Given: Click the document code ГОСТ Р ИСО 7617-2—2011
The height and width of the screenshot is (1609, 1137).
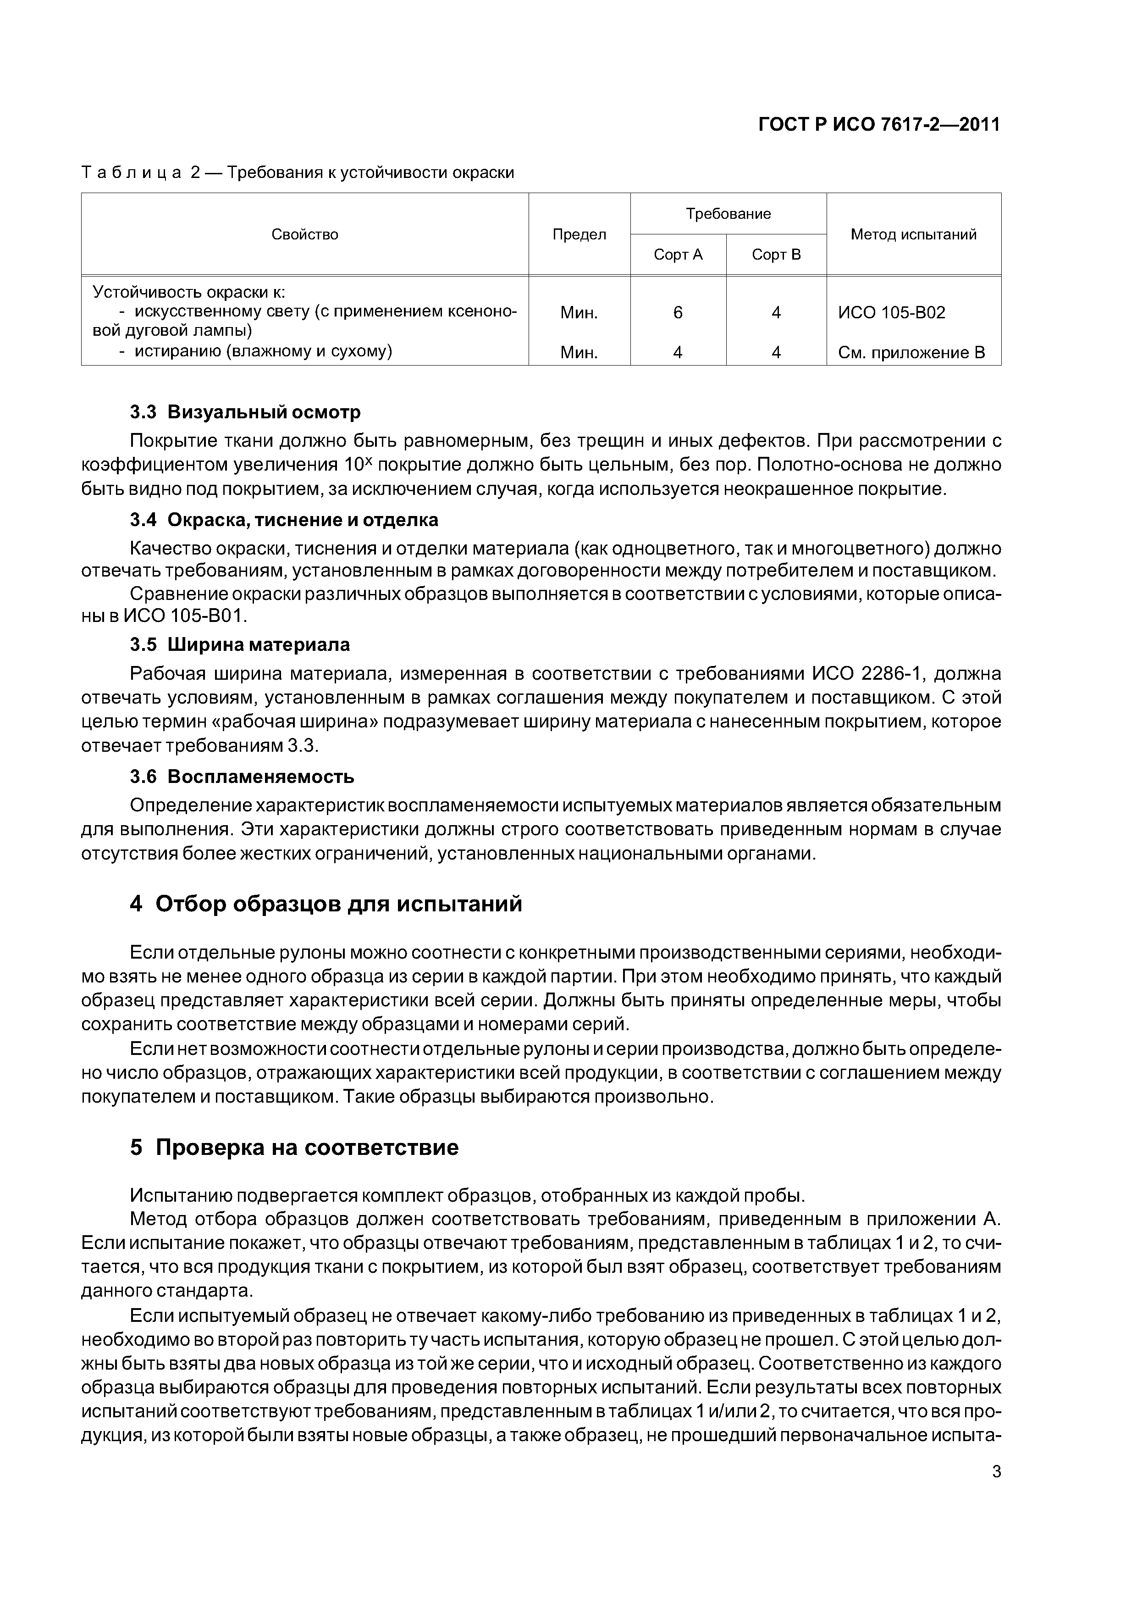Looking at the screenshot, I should [x=879, y=125].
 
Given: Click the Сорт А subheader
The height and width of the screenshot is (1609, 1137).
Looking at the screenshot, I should [x=678, y=255].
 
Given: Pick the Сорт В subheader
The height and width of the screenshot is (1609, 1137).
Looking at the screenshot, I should [x=776, y=255].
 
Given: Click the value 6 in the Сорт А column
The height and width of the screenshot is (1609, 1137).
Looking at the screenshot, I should [x=678, y=312].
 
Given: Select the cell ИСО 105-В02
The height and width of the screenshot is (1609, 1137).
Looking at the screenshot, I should [x=891, y=312].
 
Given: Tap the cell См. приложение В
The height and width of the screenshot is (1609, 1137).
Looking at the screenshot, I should [x=911, y=353].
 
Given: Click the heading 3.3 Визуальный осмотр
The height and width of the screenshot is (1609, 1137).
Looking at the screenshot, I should [x=245, y=412].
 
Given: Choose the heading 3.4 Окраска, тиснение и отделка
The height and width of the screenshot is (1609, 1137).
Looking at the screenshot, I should [x=284, y=520].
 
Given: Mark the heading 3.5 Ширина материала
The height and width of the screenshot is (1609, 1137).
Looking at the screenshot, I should [x=240, y=645].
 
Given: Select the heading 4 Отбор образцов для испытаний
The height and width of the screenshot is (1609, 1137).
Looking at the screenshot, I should [x=326, y=904].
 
